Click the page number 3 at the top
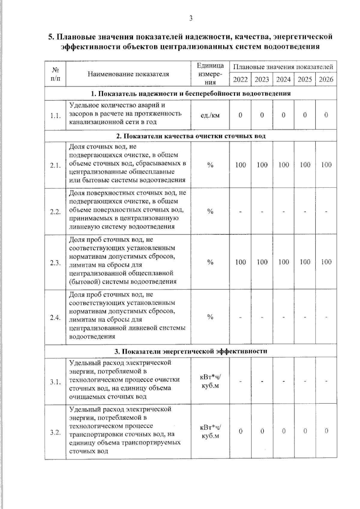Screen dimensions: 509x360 click(x=191, y=19)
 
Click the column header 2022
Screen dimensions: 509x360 click(x=240, y=79)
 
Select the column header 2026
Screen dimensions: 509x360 click(x=326, y=79)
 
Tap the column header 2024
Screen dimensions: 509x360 click(x=283, y=79)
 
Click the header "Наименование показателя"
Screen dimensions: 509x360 click(x=128, y=74)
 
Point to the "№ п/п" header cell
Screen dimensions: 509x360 click(x=55, y=74)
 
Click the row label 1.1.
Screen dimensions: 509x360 click(x=55, y=116)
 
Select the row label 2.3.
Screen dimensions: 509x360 click(x=55, y=263)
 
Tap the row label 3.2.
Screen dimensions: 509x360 click(x=55, y=432)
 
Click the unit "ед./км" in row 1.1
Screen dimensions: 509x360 click(x=210, y=115)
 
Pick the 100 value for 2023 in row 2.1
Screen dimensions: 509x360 click(x=262, y=165)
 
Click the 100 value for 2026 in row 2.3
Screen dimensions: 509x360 click(x=326, y=262)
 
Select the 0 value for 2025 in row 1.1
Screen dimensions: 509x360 click(x=305, y=115)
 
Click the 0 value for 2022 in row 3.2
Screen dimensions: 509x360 click(x=240, y=431)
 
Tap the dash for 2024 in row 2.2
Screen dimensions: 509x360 click(x=283, y=212)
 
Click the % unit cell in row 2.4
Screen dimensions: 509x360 click(x=210, y=317)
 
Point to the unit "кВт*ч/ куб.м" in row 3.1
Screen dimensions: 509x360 click(x=210, y=381)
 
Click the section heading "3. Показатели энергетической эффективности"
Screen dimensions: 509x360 click(x=191, y=351)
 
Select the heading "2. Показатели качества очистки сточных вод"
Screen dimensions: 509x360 click(x=191, y=136)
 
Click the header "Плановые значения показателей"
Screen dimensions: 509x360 click(x=283, y=67)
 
